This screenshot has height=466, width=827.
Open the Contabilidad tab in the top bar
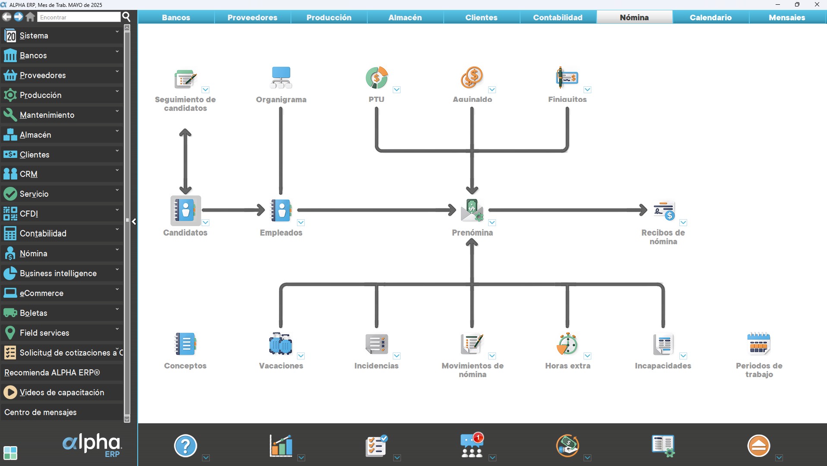click(x=558, y=17)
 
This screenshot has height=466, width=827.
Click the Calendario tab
click(x=710, y=17)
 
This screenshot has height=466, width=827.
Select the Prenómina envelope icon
click(x=472, y=210)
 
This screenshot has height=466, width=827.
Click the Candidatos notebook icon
click(x=186, y=210)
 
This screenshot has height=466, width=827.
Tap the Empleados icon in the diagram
click(x=281, y=210)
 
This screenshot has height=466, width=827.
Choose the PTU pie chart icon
click(x=376, y=78)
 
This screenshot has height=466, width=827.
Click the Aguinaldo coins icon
click(x=472, y=78)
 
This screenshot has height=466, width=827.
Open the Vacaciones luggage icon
click(x=281, y=344)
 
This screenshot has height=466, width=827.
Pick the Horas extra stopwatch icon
click(x=567, y=344)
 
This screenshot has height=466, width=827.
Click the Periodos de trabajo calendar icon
click(x=758, y=344)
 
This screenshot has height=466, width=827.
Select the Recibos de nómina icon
click(x=663, y=210)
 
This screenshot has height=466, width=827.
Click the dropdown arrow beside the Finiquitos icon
click(x=587, y=90)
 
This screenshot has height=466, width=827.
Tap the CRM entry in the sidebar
click(x=28, y=174)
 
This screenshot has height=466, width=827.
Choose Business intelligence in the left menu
click(x=58, y=273)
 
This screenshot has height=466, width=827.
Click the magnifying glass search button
click(x=126, y=17)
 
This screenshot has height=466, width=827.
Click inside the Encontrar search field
click(x=79, y=17)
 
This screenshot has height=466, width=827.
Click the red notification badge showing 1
click(x=478, y=438)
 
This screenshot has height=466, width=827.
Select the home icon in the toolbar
click(x=30, y=17)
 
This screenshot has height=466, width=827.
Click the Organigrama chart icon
click(x=281, y=78)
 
